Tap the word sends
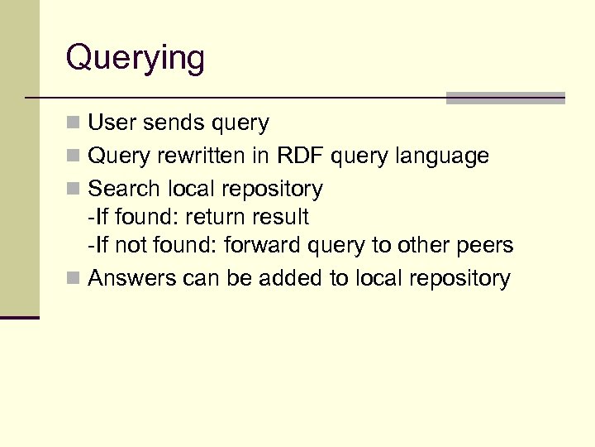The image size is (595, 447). click(x=171, y=123)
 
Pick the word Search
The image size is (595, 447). click(x=123, y=189)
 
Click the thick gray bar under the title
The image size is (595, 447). click(x=505, y=98)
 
